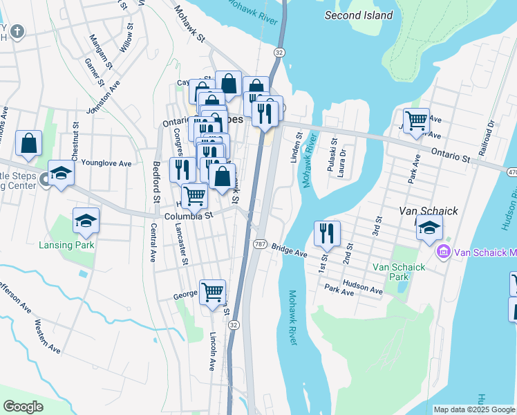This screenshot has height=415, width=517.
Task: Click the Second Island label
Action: coord(359,15)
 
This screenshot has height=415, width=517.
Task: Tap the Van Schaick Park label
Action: coord(391,272)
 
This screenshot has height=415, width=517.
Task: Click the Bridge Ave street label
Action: coord(289,250)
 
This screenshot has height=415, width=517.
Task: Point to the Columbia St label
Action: coord(189,216)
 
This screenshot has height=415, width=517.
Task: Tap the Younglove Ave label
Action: coord(106,164)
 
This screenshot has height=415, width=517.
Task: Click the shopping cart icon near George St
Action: coord(212,291)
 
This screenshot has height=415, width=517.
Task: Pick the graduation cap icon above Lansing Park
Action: coord(86,220)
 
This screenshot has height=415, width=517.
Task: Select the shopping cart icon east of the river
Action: coord(416,120)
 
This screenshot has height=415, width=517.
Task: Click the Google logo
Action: coord(22,407)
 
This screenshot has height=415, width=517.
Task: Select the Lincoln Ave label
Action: coord(213,351)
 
